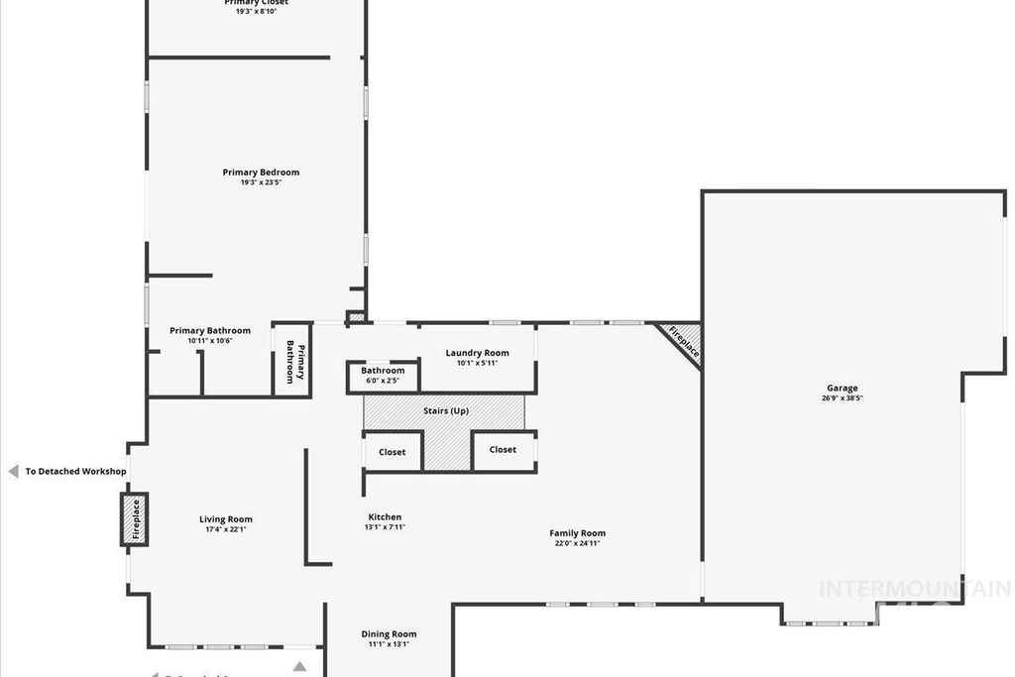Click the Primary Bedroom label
(x=261, y=172)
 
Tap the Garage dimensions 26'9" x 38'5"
(x=843, y=398)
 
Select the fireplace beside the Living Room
(x=135, y=518)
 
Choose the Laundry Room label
(x=477, y=353)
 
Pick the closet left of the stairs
(x=393, y=452)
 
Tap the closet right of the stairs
(x=503, y=450)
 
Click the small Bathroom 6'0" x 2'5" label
(x=383, y=371)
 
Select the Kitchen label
(x=385, y=517)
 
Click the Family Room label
(x=578, y=533)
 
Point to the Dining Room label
(x=389, y=634)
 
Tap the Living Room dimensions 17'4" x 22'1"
(x=226, y=529)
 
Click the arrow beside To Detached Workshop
(x=13, y=472)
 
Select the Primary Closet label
(x=256, y=3)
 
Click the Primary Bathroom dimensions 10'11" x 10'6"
(x=209, y=341)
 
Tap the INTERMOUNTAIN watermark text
(x=913, y=589)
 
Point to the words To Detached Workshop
(x=75, y=472)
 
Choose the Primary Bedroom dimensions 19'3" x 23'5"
(x=261, y=182)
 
